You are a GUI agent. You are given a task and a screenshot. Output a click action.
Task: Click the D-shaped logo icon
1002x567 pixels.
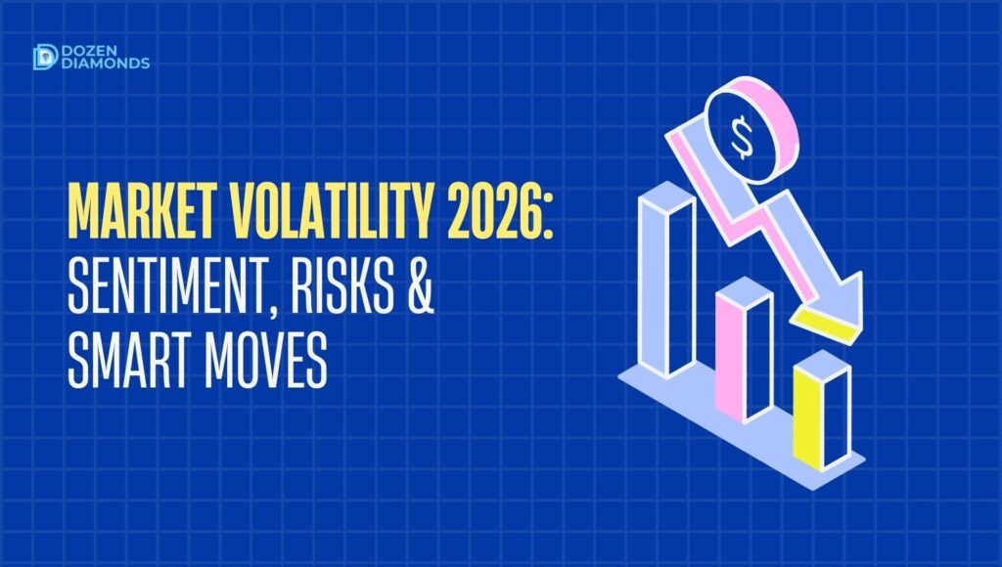click(44, 58)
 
